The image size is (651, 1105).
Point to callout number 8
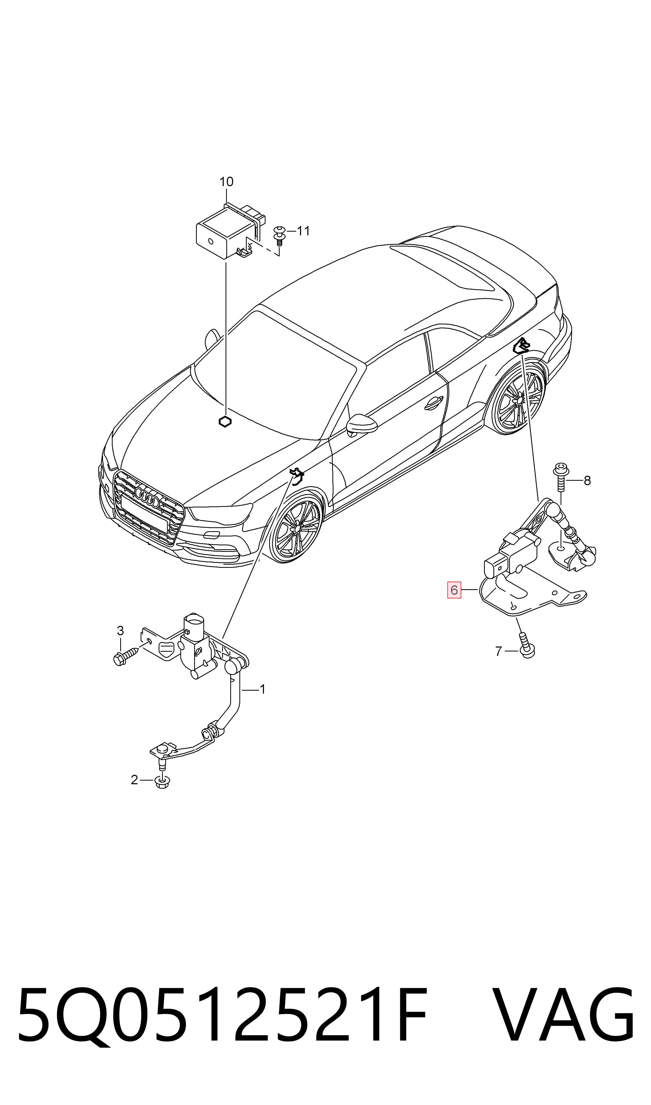point(587,481)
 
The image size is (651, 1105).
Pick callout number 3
point(120,631)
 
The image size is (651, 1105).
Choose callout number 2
point(134,780)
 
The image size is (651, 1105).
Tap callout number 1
point(262,690)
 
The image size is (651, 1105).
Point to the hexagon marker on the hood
point(225,422)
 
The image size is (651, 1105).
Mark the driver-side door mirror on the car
point(361,424)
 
